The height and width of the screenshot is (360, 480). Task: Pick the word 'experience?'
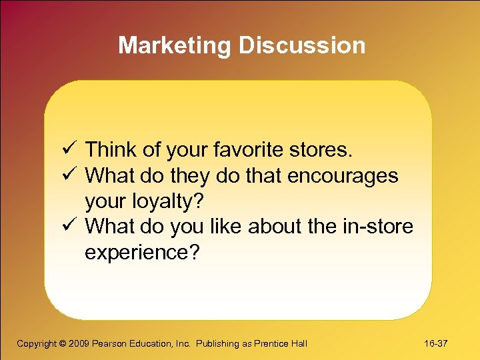[x=141, y=253]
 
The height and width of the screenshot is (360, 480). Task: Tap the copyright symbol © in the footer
[x=62, y=343]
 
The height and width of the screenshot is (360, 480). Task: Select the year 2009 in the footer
[x=79, y=343]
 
